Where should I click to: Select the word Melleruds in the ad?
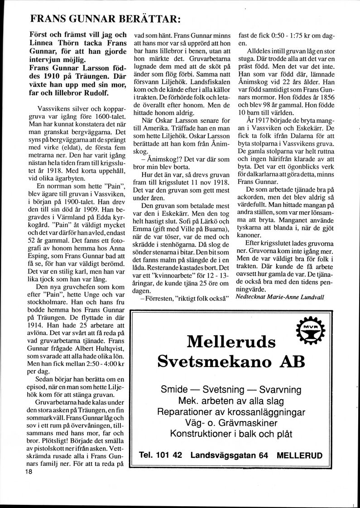tap(231, 340)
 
